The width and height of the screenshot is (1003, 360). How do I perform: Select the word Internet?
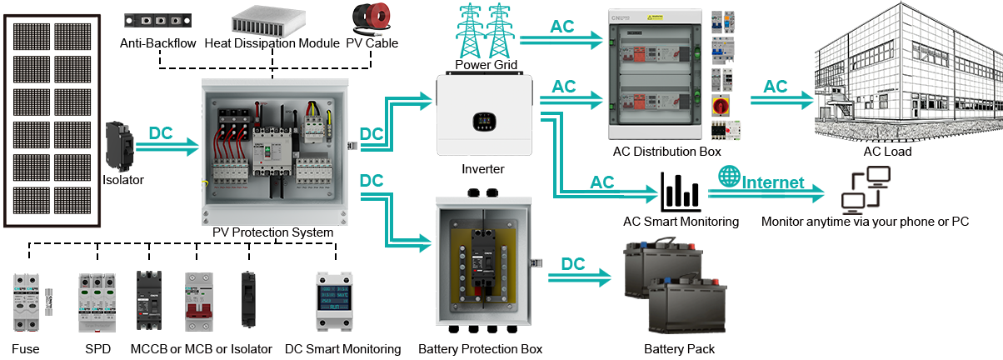pyautogui.click(x=773, y=182)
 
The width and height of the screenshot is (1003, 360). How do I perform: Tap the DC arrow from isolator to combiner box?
pyautogui.click(x=167, y=143)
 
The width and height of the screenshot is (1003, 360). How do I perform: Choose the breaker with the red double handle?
pyautogui.click(x=199, y=302)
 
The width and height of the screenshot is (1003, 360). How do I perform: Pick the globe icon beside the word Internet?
pyautogui.click(x=729, y=177)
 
